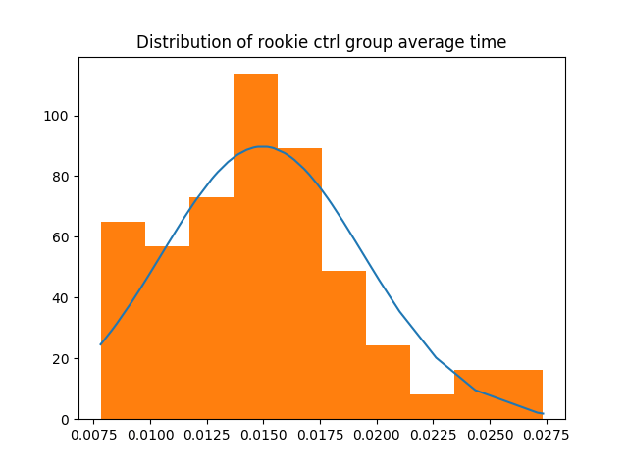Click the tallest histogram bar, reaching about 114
[x=255, y=245]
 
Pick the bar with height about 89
[x=299, y=284]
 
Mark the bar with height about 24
[x=388, y=382]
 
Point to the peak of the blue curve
[x=262, y=146]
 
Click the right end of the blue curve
[x=542, y=414]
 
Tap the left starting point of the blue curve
[x=101, y=344]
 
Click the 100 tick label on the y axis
[x=59, y=116]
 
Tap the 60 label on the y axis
[x=63, y=237]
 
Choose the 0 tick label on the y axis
[x=66, y=419]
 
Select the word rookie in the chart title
[x=256, y=42]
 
